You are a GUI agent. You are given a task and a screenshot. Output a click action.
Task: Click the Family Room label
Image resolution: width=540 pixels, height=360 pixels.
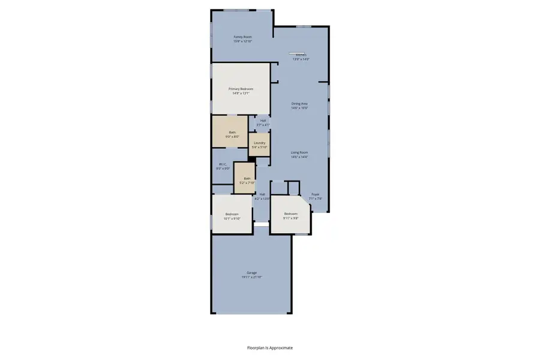coord(242,37)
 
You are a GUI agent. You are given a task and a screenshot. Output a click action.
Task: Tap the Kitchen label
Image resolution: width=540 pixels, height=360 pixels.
coord(300,55)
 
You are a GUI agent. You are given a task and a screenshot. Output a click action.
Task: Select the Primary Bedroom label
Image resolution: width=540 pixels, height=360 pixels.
coord(241,89)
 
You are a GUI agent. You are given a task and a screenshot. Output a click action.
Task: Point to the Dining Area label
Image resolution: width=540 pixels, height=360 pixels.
coord(299,103)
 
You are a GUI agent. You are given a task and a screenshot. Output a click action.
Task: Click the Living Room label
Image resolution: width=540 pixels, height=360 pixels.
coord(299,152)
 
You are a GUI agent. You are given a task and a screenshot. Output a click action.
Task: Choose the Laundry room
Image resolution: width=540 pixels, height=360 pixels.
coord(259,144)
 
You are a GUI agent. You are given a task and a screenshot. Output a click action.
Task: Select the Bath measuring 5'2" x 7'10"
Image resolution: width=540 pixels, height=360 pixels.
coord(247,179)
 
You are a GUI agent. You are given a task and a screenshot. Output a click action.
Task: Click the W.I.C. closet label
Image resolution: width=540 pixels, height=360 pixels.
coord(223,164)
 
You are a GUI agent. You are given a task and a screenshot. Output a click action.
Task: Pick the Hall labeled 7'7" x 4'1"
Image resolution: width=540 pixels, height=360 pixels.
coord(263,121)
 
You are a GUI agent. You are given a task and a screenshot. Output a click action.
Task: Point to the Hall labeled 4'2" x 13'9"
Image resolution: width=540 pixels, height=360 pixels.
coord(262,194)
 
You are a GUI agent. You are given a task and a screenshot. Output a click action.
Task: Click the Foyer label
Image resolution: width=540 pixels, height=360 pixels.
coord(315,194)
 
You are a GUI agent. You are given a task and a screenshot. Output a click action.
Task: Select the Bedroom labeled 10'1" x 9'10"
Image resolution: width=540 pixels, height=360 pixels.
coord(232,214)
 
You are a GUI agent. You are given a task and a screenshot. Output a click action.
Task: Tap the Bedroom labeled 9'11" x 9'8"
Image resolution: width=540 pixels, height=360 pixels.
coord(290,214)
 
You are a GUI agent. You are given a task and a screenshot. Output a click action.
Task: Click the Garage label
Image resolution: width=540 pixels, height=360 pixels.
coord(251,272)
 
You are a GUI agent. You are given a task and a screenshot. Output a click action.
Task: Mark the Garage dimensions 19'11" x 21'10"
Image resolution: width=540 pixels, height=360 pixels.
coord(251,277)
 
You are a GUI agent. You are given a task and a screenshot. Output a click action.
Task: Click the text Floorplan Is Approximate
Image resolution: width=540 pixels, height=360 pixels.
coord(270,347)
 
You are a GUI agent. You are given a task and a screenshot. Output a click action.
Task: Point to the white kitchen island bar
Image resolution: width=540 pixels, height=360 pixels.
coord(298,52)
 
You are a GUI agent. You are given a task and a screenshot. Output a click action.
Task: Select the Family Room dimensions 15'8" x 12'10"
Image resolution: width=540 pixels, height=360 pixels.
coord(242,41)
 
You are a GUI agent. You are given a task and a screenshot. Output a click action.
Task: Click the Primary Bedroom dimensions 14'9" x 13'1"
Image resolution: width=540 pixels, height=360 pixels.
coord(241,93)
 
